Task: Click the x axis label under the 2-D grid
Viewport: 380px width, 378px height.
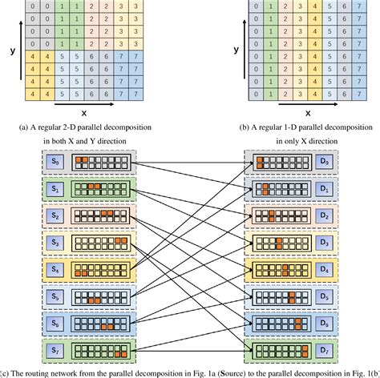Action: (x=83, y=113)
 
